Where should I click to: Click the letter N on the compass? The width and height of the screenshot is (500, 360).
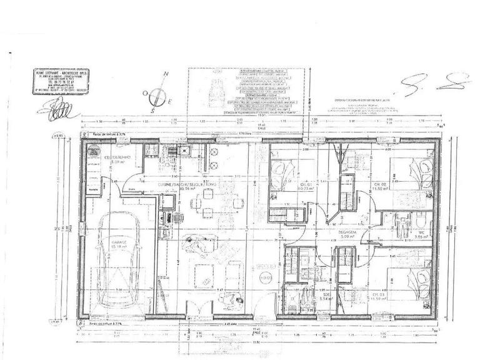tap(166, 74)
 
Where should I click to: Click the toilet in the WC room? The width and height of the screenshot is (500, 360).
tap(422, 218)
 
